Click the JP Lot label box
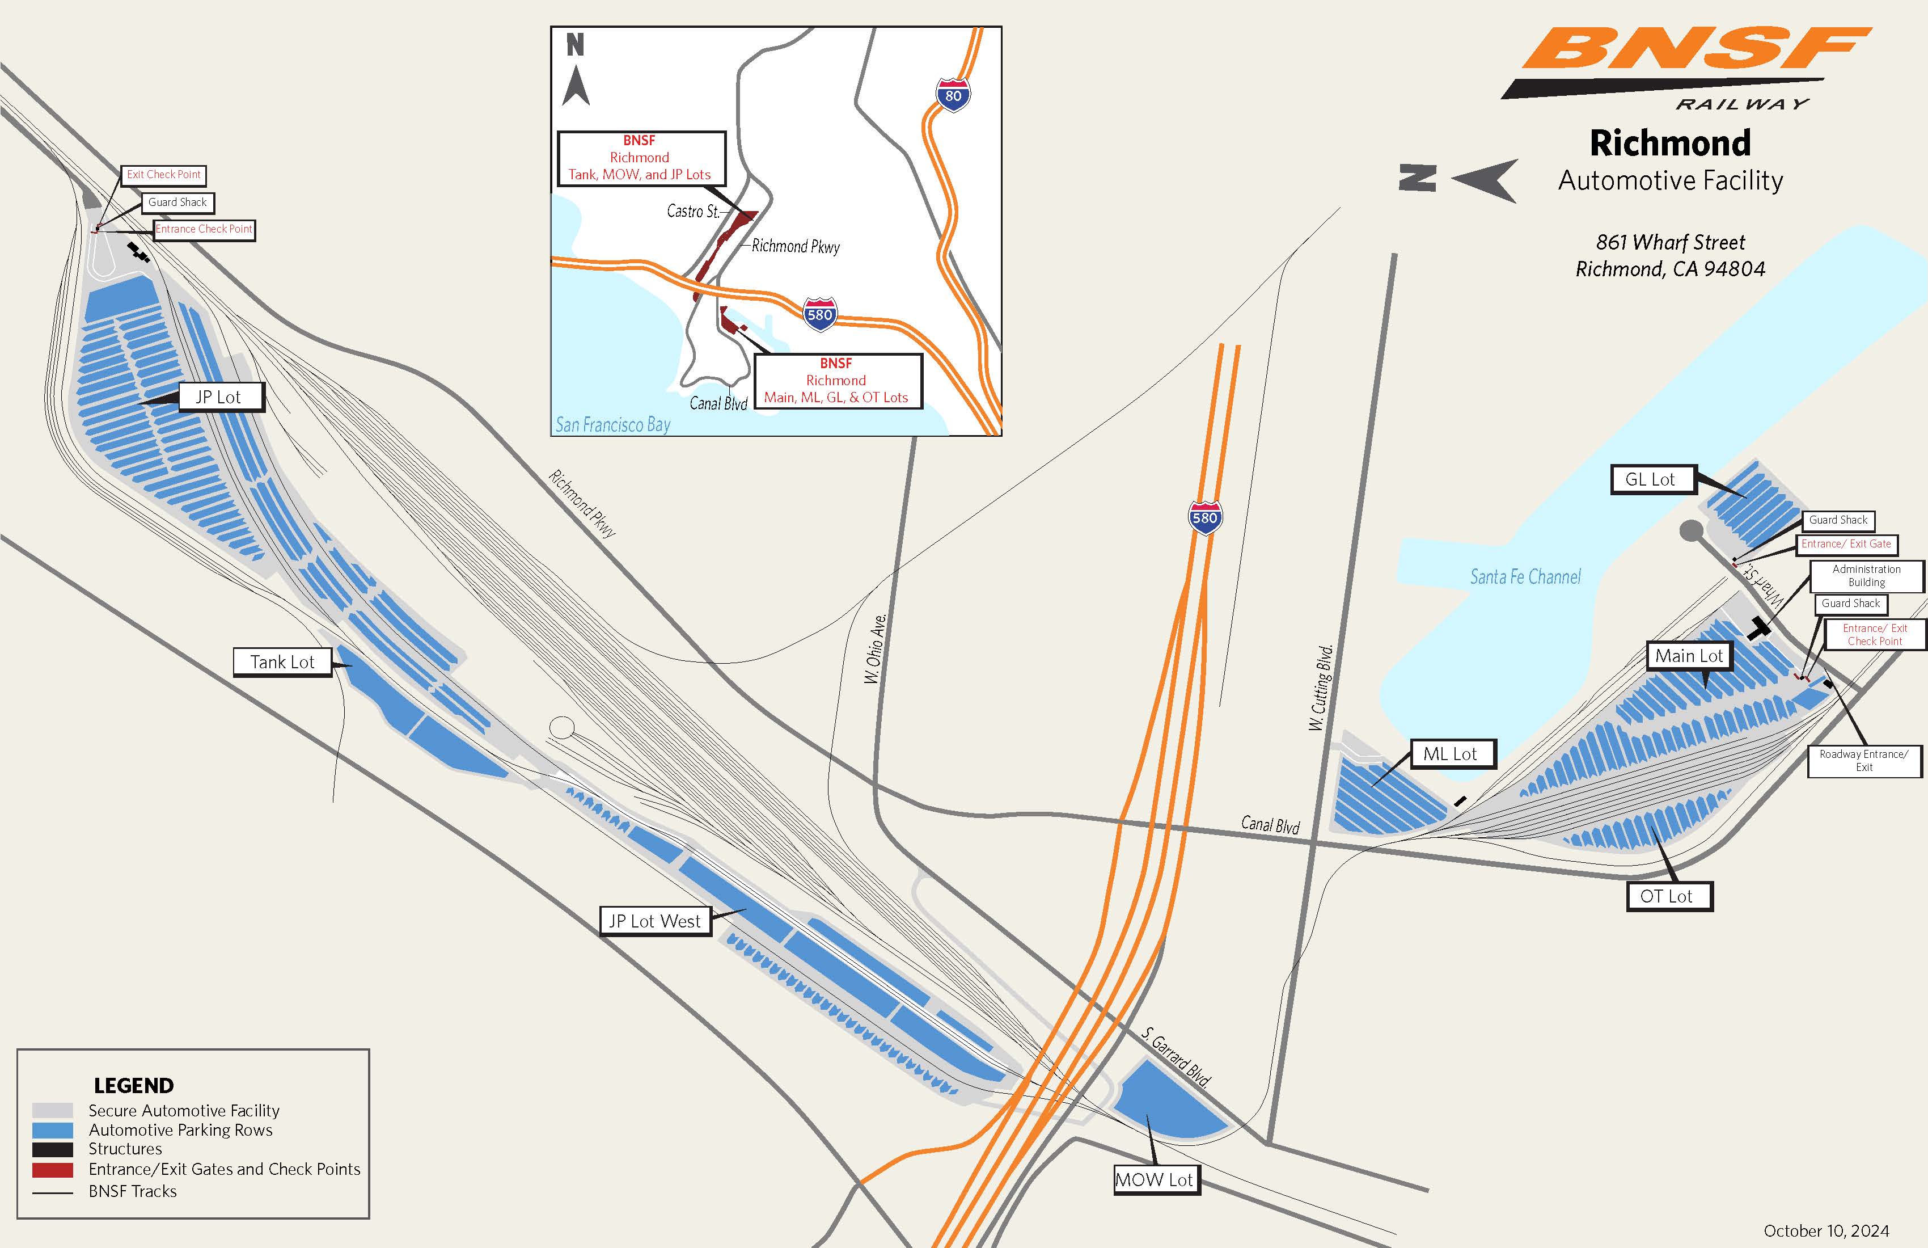point(219,397)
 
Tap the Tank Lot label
point(282,662)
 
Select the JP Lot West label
point(654,921)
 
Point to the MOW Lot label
point(1155,1180)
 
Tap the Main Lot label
point(1689,656)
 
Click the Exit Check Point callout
point(164,175)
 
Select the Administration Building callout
point(1866,576)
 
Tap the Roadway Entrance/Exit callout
point(1864,761)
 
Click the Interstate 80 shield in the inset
point(953,96)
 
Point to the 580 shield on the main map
point(1204,518)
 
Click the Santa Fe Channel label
point(1525,577)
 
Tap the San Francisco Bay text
point(613,425)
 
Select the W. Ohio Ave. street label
point(876,648)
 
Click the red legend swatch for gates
point(53,1169)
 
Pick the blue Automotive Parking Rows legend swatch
point(53,1129)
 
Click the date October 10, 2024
point(1826,1231)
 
